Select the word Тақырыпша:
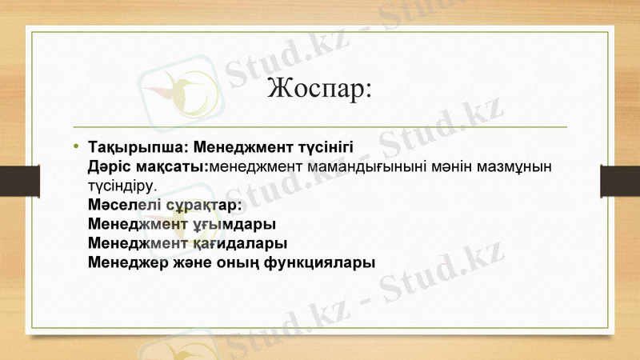138,149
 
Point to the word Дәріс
108,167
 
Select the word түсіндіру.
122,186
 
